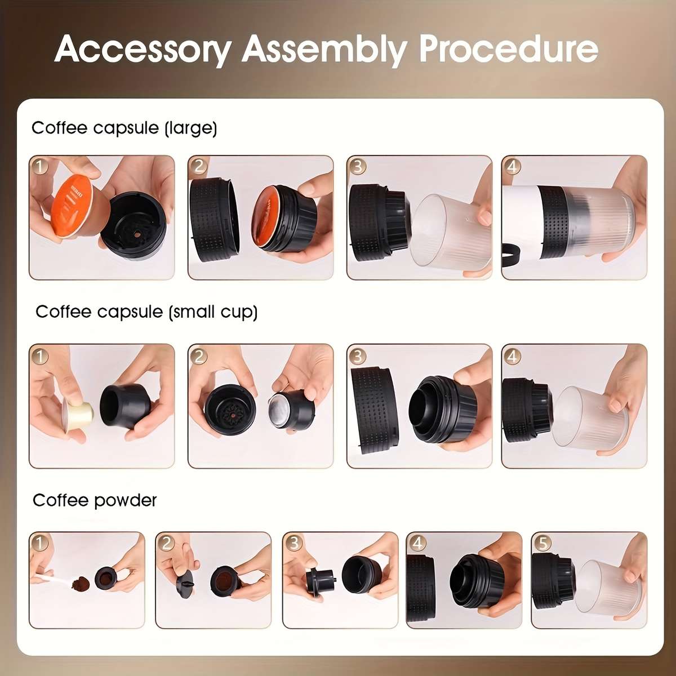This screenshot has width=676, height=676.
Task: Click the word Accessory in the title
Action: coord(143,50)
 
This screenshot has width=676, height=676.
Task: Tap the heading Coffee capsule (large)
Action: coord(124,128)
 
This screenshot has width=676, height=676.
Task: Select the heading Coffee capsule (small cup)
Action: coord(146,312)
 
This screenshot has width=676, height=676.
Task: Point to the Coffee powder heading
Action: coord(95,500)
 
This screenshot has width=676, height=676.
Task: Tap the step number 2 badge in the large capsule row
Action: coord(198,166)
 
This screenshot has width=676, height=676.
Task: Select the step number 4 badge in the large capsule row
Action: coord(512,166)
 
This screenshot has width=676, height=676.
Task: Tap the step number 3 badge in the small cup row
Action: coord(357,355)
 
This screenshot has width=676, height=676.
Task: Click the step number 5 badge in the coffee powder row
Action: coord(542,543)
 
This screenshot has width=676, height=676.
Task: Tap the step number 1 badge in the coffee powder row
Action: coord(39,543)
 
